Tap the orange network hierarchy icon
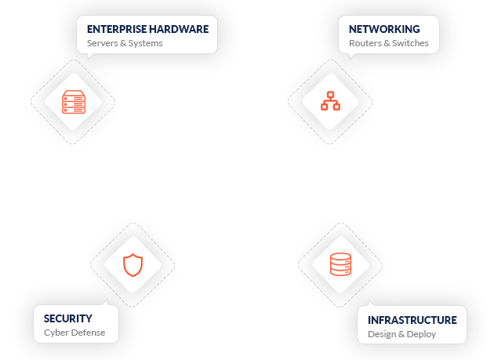(x=330, y=100)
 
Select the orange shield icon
(x=134, y=264)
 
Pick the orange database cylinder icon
(x=341, y=264)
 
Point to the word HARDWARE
(x=182, y=29)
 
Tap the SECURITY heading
(x=68, y=318)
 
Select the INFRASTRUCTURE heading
(x=412, y=320)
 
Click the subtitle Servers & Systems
(x=125, y=43)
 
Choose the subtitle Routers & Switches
(x=388, y=43)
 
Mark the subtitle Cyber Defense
(x=74, y=333)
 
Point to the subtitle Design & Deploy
(x=401, y=334)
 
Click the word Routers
(x=365, y=43)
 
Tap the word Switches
(x=410, y=43)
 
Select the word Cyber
(x=56, y=333)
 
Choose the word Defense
(x=88, y=333)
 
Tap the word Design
(x=382, y=334)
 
